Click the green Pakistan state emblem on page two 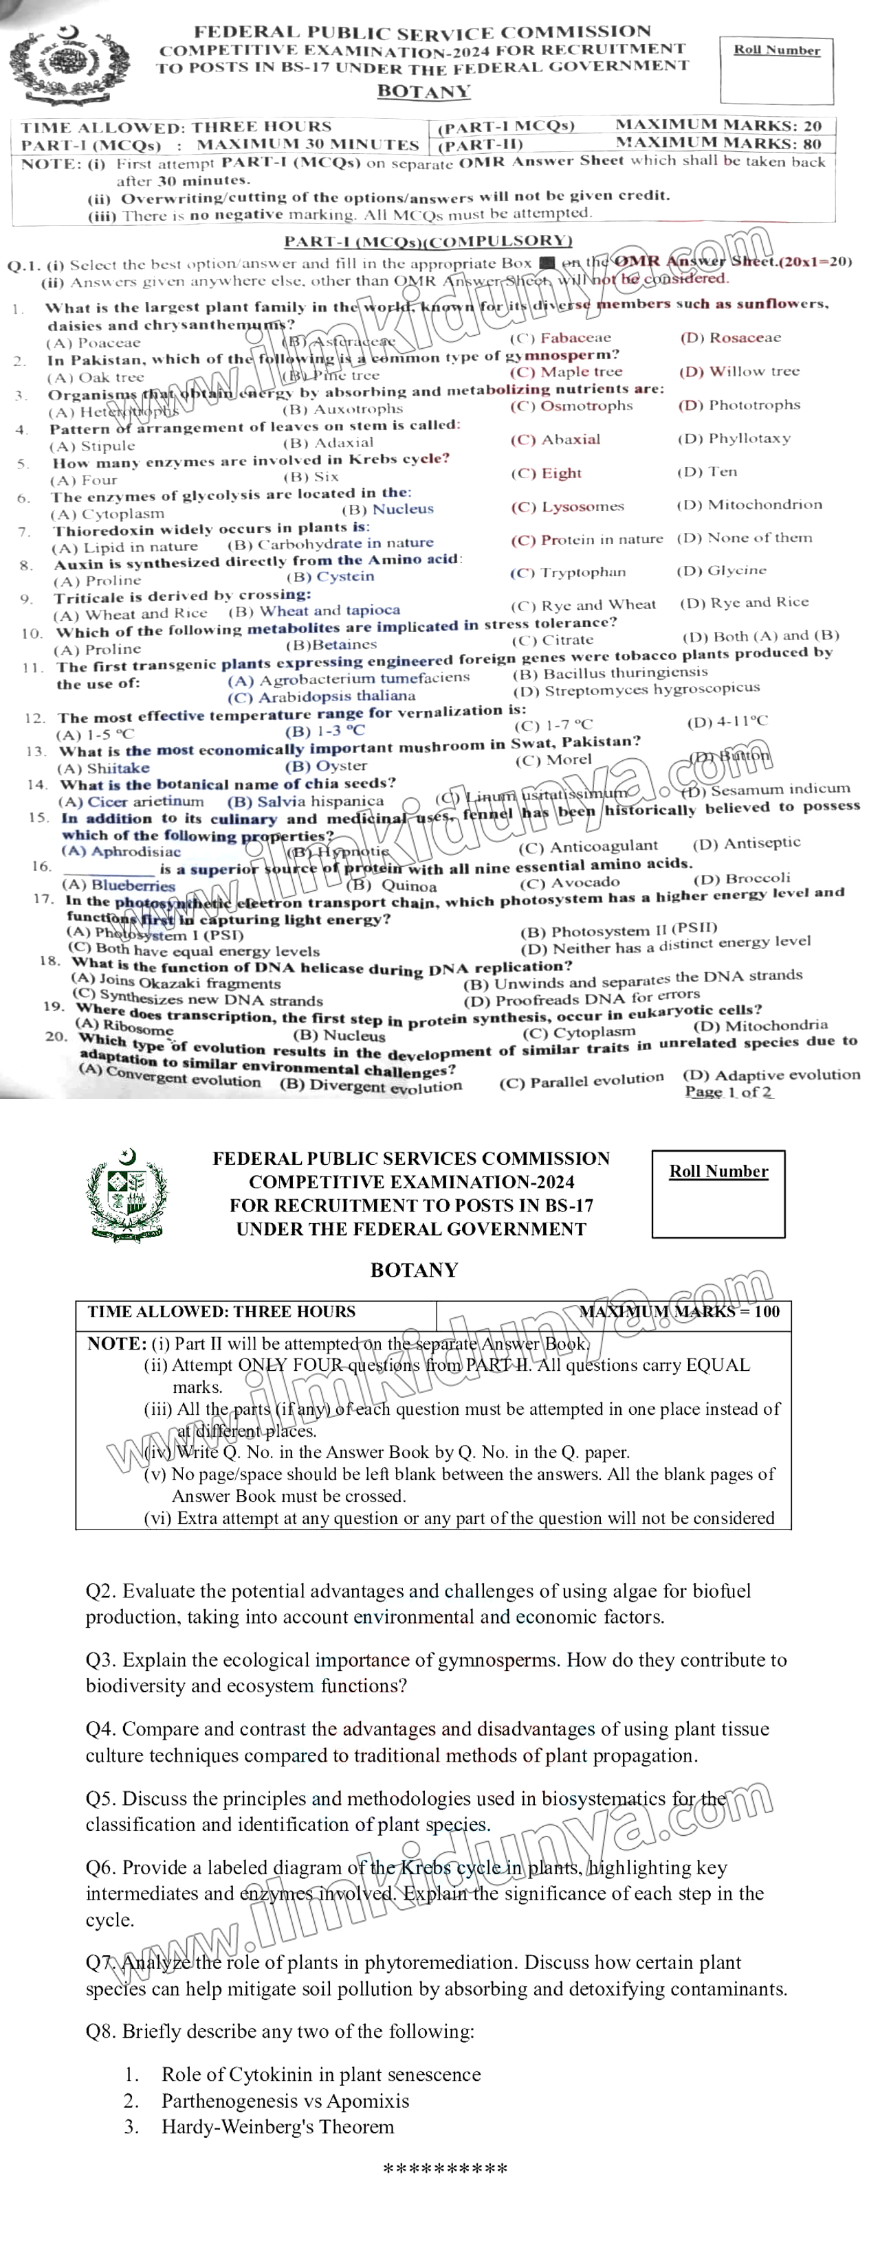[127, 1194]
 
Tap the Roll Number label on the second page [718, 1171]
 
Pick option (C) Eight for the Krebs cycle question [546, 473]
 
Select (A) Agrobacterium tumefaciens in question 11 [348, 679]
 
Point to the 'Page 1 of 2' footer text [727, 1092]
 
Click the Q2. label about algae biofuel [102, 1591]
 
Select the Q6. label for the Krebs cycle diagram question [102, 1868]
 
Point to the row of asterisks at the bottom [445, 2170]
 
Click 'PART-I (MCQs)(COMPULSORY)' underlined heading [428, 241]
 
